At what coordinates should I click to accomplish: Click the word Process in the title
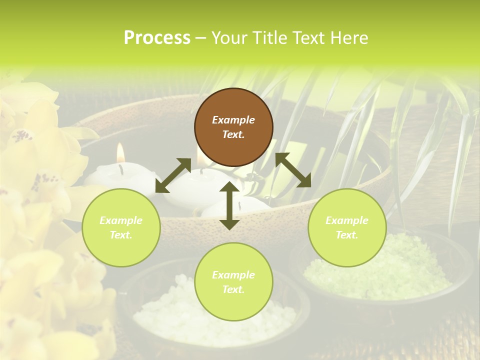157,38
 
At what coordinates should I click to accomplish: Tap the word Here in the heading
348,38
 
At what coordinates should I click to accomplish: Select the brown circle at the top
233,127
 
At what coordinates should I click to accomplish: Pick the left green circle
121,227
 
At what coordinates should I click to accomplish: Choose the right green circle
347,227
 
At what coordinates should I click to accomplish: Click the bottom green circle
233,281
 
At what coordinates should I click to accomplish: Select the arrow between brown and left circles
173,175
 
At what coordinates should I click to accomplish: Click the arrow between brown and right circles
293,170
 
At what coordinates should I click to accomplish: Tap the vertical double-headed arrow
229,205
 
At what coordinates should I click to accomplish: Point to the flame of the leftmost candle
120,152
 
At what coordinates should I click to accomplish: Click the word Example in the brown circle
233,120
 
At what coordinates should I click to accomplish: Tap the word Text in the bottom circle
232,289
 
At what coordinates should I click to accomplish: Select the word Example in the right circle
347,220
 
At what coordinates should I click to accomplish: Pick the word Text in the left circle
120,235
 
